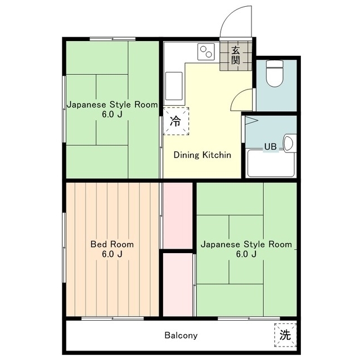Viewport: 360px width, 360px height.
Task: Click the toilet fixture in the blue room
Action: [x=274, y=74]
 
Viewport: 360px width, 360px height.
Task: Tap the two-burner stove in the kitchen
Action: [x=206, y=52]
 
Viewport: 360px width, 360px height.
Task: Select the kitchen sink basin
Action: [x=174, y=86]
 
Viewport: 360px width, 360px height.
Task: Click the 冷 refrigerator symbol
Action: [x=176, y=121]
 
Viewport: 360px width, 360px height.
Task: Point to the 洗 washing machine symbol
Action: [x=285, y=335]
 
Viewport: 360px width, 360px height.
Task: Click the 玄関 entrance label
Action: [x=236, y=55]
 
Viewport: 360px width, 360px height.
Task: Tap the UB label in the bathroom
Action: [x=270, y=146]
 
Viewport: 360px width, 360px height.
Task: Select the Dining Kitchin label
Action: [x=202, y=155]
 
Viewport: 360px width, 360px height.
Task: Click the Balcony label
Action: [x=181, y=335]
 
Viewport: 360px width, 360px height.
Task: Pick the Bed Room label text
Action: [x=112, y=244]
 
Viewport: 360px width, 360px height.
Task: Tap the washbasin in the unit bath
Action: [x=289, y=143]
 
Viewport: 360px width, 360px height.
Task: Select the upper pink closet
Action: [x=178, y=215]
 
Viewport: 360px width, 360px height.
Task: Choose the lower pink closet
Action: [x=178, y=285]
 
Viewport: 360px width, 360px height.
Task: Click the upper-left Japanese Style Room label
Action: [x=112, y=105]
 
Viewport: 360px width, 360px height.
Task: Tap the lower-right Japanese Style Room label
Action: [x=246, y=244]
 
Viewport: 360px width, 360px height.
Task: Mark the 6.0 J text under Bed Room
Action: [x=112, y=254]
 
